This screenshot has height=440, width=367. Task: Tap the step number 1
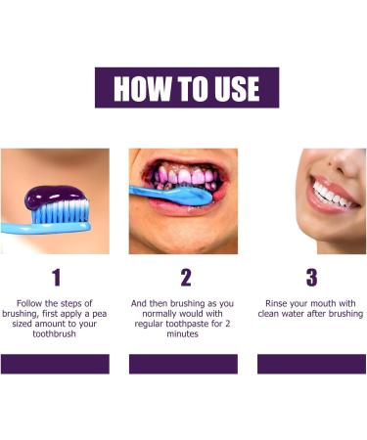tap(55, 278)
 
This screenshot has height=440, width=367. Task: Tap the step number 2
tap(185, 278)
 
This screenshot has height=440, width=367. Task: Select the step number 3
tap(311, 278)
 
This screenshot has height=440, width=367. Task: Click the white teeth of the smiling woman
tap(327, 190)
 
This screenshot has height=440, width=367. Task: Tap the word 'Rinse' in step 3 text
tap(276, 303)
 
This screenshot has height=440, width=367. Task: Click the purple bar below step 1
tap(55, 364)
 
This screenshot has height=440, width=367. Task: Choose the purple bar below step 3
tap(311, 364)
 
